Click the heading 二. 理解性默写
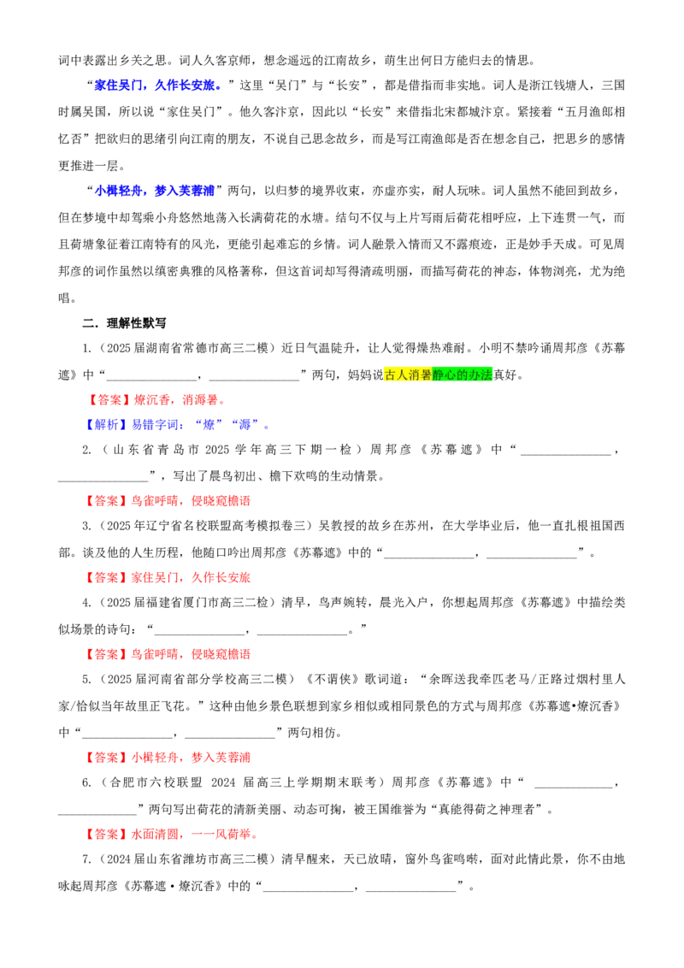click(124, 323)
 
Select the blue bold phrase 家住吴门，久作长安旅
click(158, 86)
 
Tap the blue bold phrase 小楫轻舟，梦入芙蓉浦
click(155, 191)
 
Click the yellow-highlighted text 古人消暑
click(408, 375)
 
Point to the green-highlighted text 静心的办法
click(463, 375)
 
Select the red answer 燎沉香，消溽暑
click(179, 400)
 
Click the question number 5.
click(88, 679)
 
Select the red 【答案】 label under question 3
click(107, 578)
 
